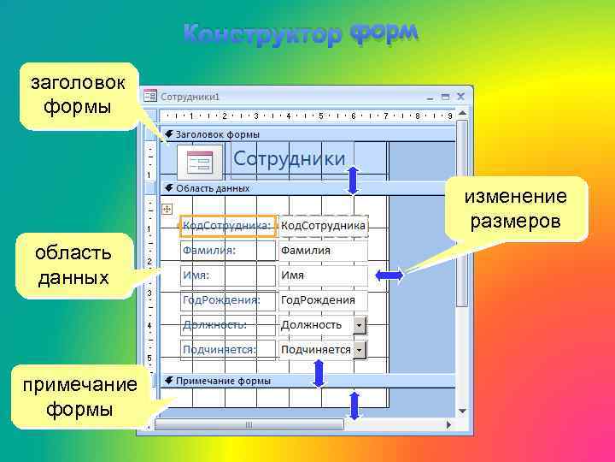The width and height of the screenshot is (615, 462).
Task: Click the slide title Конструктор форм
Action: click(x=302, y=33)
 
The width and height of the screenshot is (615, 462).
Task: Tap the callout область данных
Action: click(x=73, y=264)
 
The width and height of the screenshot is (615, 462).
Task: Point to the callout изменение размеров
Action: click(x=515, y=209)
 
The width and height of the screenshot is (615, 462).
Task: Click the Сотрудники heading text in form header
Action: click(x=290, y=158)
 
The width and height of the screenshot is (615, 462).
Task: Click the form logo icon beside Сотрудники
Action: click(x=200, y=161)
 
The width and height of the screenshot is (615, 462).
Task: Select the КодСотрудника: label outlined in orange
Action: click(x=227, y=226)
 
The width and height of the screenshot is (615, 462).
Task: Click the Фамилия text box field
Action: click(x=322, y=251)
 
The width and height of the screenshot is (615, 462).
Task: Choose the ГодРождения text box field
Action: click(x=322, y=300)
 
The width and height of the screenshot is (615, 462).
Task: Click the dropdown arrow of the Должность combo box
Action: click(x=360, y=325)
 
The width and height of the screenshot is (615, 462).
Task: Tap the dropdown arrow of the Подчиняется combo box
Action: click(x=360, y=350)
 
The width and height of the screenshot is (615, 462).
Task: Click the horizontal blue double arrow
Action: click(x=389, y=275)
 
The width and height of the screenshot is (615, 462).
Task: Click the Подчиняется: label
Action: click(x=226, y=350)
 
